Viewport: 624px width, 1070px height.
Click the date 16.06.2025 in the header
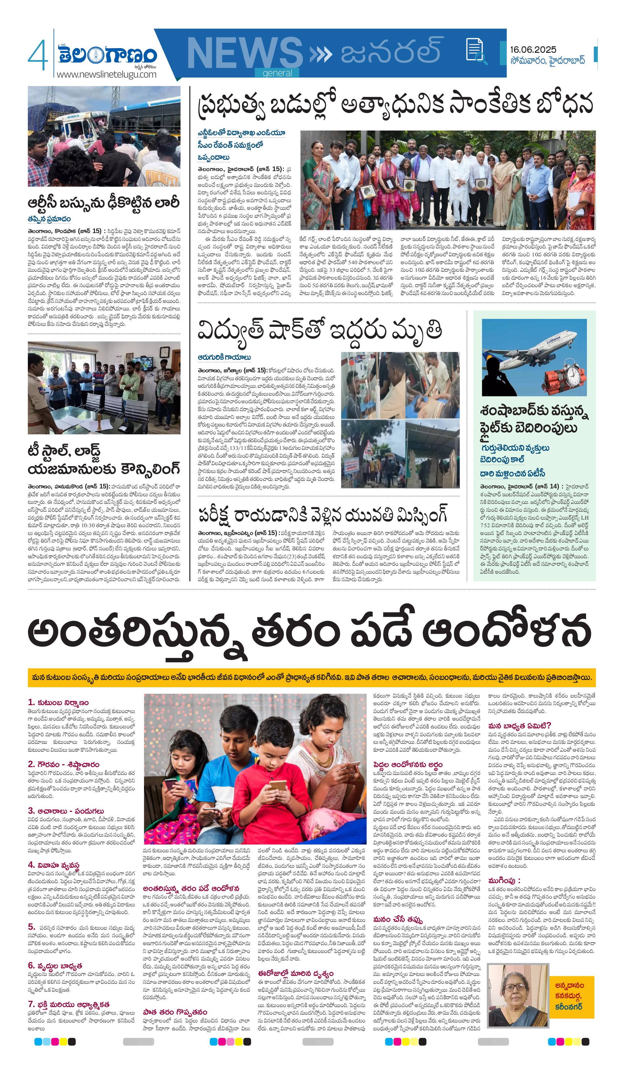tap(533, 50)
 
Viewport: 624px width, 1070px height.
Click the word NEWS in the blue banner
tap(245, 53)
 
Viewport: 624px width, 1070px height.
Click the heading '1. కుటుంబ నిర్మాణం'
tap(58, 703)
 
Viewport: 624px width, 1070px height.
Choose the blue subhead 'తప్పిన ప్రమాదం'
tap(49, 219)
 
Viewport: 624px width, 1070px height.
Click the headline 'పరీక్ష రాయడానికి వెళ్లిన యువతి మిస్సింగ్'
tap(323, 515)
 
